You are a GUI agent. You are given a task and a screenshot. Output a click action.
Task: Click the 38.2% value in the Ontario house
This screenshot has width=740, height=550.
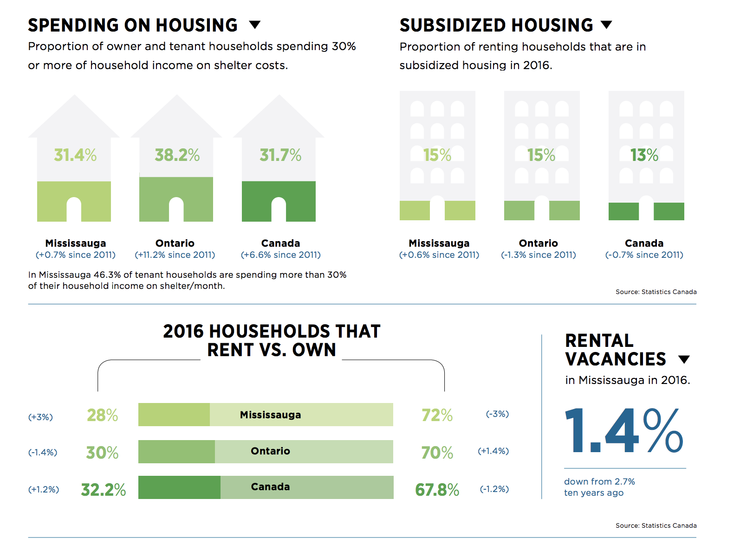tap(177, 155)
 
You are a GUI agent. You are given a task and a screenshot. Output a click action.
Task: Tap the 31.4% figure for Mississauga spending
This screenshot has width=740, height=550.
tap(75, 155)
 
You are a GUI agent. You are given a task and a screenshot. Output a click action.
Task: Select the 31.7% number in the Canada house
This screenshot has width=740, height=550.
tap(280, 155)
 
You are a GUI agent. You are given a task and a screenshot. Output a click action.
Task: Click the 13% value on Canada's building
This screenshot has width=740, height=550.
tap(644, 155)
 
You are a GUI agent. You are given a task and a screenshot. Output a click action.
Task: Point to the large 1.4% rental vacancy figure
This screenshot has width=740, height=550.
tap(623, 431)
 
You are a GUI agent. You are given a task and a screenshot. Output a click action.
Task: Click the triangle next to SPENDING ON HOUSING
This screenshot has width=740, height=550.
tap(255, 25)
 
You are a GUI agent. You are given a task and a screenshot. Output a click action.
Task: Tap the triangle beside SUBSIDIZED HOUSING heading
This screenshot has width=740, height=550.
tap(606, 25)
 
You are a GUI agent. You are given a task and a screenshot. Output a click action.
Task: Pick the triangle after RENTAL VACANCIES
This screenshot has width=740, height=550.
tap(684, 359)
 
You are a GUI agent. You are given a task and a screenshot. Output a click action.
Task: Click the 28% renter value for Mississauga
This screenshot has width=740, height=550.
tap(103, 415)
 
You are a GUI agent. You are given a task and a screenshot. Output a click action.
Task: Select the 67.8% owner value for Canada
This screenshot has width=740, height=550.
tap(437, 490)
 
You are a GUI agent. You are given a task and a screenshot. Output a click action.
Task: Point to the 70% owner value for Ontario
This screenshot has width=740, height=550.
tap(437, 453)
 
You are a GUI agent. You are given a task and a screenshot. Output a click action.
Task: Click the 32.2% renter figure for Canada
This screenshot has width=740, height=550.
tap(103, 490)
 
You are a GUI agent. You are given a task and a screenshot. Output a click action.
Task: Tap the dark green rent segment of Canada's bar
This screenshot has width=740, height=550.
tap(179, 487)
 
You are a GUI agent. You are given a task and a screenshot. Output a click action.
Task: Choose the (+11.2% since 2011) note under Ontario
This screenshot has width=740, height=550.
tap(175, 255)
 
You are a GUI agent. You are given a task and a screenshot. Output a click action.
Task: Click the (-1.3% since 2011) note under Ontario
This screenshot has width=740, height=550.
tap(539, 255)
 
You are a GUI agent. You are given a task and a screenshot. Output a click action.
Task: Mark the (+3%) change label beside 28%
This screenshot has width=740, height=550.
tap(41, 417)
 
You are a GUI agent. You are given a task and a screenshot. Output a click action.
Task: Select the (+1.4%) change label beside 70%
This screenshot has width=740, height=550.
tap(493, 451)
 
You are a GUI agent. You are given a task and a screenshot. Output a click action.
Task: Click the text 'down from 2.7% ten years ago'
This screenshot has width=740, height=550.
tap(599, 487)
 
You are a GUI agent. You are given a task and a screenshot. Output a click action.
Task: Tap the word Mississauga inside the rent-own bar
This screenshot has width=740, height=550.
tap(270, 415)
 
